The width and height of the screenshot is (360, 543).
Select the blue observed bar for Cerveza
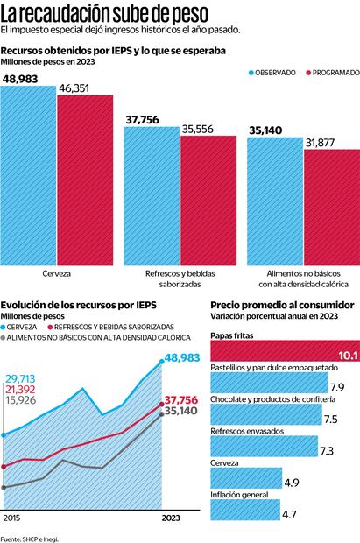coord(29,175)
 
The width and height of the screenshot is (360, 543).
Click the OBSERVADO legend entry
coord(269,73)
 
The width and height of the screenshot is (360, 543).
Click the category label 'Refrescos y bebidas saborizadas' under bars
coord(180,279)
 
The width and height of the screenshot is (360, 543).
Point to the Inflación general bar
coord(245,511)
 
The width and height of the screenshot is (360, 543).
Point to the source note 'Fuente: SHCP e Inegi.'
coord(30,537)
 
